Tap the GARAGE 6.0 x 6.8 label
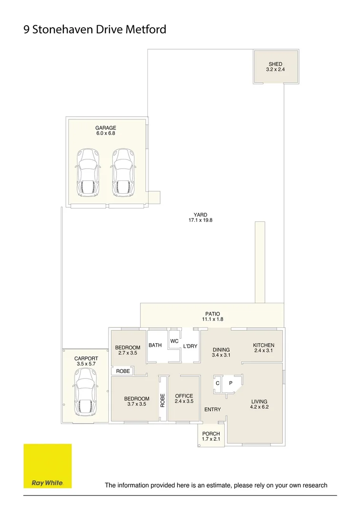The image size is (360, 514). click(106, 130)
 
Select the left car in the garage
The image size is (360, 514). click(88, 173)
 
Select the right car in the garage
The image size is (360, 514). click(124, 173)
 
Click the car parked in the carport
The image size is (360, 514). click(86, 392)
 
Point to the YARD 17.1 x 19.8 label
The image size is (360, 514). click(200, 217)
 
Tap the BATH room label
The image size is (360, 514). click(155, 345)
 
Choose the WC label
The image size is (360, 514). click(174, 341)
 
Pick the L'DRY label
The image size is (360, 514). click(190, 346)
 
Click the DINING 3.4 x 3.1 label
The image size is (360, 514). click(221, 352)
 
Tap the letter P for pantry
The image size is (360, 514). click(231, 383)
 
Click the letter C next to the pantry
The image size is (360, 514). click(217, 383)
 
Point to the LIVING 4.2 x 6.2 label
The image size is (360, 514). click(259, 404)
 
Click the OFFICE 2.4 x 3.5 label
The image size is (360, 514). click(184, 399)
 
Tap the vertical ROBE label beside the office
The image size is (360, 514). click(163, 400)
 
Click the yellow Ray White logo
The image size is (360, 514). click(48, 466)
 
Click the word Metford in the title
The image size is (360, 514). click(146, 30)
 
